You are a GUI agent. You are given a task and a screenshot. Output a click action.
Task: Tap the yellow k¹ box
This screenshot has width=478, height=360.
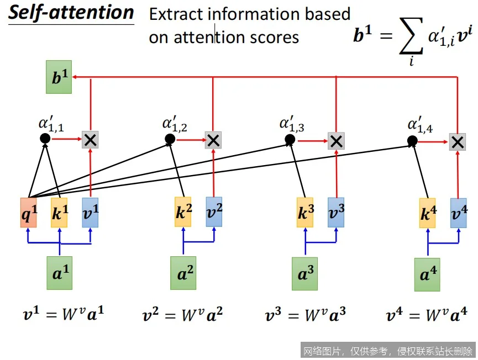pos(59,212)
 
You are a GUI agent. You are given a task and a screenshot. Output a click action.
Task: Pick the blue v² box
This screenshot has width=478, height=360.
pos(214,211)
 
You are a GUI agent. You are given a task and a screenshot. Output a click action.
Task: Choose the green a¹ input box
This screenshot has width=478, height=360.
pos(59,273)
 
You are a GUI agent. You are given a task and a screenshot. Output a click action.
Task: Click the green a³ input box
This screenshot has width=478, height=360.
pos(305,273)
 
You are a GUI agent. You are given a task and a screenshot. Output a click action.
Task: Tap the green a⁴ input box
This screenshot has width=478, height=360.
pos(427,274)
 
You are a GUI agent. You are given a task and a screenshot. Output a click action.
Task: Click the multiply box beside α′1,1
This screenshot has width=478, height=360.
pos(90,140)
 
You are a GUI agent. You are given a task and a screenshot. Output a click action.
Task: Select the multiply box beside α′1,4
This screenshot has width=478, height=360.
pos(457,141)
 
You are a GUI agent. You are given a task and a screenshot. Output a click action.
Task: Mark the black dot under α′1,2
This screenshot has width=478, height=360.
pos(170,140)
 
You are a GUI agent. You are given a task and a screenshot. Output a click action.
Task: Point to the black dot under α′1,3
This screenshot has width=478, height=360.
pos(290,140)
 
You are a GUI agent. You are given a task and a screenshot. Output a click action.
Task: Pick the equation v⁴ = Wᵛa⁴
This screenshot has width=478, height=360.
pos(427,316)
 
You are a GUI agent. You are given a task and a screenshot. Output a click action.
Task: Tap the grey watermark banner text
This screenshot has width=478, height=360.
pos(387,351)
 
